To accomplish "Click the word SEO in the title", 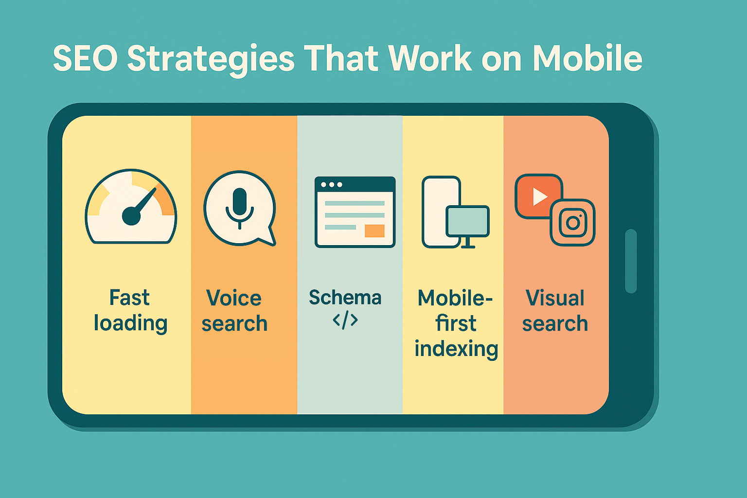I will pyautogui.click(x=85, y=58).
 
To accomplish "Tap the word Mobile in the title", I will pyautogui.click(x=587, y=58).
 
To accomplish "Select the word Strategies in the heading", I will pyautogui.click(x=211, y=59).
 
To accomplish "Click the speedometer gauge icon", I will pyautogui.click(x=131, y=207).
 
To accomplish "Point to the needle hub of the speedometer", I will pyautogui.click(x=131, y=215).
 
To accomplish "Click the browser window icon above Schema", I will pyautogui.click(x=355, y=212).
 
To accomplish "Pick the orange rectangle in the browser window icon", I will pyautogui.click(x=374, y=231).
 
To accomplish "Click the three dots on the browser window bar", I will pyautogui.click(x=331, y=185).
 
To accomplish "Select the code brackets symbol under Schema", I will pyautogui.click(x=345, y=320).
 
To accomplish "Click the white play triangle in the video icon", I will pyautogui.click(x=539, y=196).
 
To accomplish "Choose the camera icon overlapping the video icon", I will pyautogui.click(x=573, y=223).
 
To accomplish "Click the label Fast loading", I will pyautogui.click(x=130, y=310).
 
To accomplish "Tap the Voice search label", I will pyautogui.click(x=234, y=311).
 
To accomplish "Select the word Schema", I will pyautogui.click(x=345, y=297).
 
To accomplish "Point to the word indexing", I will pyautogui.click(x=456, y=349).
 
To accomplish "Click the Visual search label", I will pyautogui.click(x=555, y=311).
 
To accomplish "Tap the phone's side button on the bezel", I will pyautogui.click(x=631, y=261).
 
